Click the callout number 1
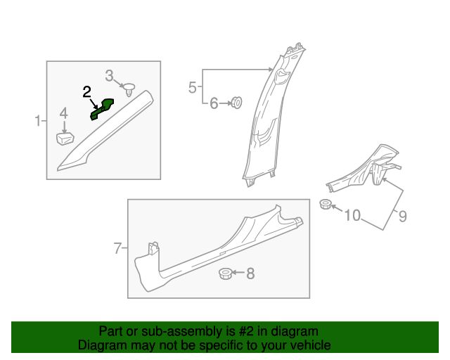coord(38,122)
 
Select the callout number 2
coord(87,91)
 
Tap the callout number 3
coord(110,75)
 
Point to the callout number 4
coord(63,113)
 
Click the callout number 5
coord(193,87)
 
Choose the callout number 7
coord(118,247)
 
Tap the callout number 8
coord(250,273)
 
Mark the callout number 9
coord(402,216)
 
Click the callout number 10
coord(352,214)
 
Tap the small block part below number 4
coord(65,136)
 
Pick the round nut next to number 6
coord(237,104)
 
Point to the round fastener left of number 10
coord(326,205)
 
